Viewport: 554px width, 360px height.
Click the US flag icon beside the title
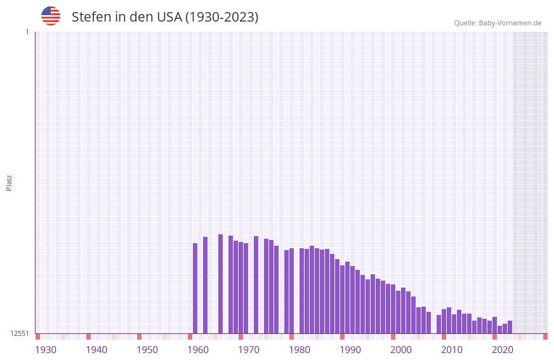[x=51, y=16]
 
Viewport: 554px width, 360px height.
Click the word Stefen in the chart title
[x=91, y=17]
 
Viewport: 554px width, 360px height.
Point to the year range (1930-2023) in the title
[x=221, y=17]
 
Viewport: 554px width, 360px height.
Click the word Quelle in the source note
[x=465, y=23]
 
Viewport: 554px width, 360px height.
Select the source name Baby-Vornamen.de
[x=510, y=23]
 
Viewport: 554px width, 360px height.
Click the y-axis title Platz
[x=9, y=182]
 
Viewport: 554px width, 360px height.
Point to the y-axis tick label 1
[x=27, y=32]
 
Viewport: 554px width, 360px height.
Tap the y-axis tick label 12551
[x=20, y=333]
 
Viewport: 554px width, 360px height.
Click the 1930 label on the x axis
[x=46, y=350]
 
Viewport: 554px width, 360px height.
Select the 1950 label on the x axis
[x=147, y=350]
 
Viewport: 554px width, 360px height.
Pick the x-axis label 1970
[x=249, y=350]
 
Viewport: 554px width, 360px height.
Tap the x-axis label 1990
[x=350, y=350]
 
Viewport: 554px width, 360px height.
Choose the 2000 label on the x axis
[x=401, y=350]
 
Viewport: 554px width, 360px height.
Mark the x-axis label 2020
[x=503, y=350]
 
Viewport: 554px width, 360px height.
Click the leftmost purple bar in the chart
[x=195, y=288]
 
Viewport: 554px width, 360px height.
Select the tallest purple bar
[x=221, y=284]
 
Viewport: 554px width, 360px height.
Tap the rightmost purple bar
[x=510, y=327]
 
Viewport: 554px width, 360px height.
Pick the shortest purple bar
[x=500, y=330]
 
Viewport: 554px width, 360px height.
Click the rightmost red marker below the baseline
[x=545, y=337]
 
